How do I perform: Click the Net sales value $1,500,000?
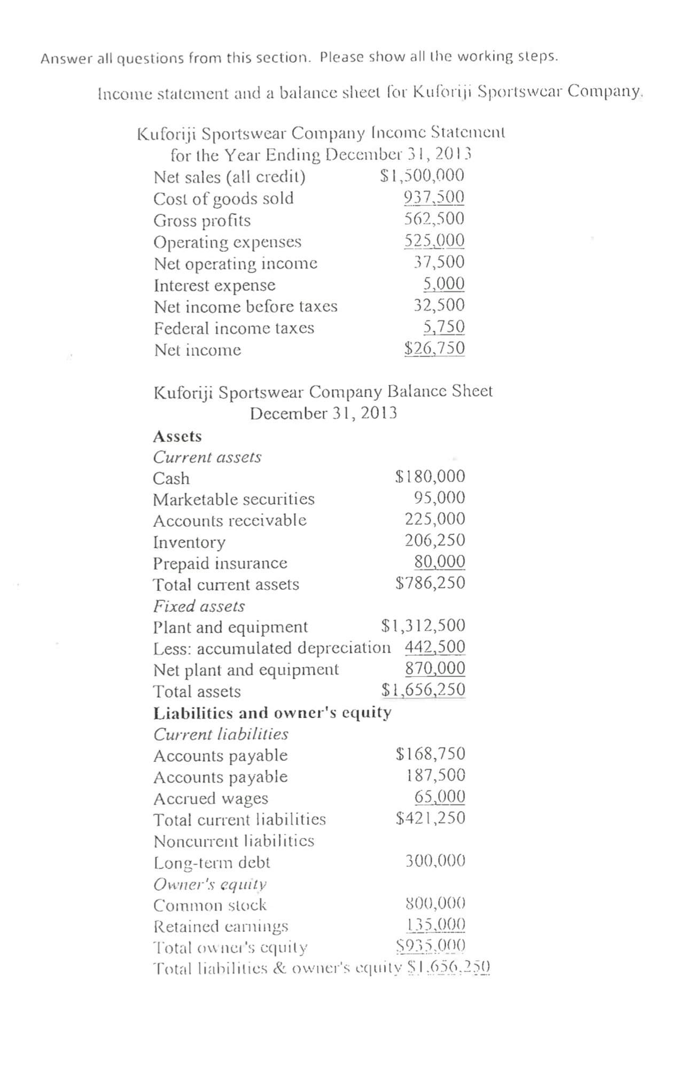(x=422, y=176)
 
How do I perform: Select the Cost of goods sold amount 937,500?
(x=433, y=197)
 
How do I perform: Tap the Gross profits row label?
(x=201, y=220)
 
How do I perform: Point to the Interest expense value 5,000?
(x=443, y=283)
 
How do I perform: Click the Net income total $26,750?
(x=434, y=348)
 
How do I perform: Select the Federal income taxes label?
(x=233, y=328)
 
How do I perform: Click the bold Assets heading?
(x=177, y=437)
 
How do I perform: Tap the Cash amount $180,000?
(x=430, y=476)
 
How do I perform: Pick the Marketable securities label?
(x=233, y=499)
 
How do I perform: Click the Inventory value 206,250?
(x=434, y=540)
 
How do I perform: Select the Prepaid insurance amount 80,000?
(x=439, y=562)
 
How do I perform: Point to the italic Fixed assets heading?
(x=199, y=606)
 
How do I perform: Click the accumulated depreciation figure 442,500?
(x=434, y=647)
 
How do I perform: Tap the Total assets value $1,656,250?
(x=423, y=689)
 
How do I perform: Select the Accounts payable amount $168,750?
(x=430, y=754)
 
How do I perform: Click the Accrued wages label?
(x=211, y=798)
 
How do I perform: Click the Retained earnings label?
(x=221, y=926)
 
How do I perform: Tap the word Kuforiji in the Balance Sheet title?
(x=183, y=392)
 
